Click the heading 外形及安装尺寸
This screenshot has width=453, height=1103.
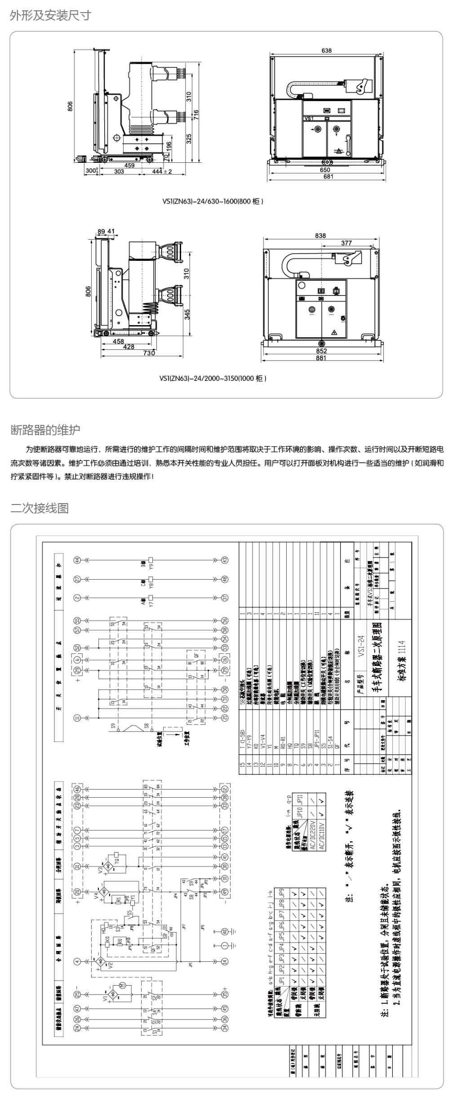pos(50,16)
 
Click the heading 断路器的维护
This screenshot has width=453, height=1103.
pos(45,430)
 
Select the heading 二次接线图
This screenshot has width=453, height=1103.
pos(40,508)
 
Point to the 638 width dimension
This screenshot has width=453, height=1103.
pos(327,50)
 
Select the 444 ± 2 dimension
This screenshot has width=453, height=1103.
pos(162,171)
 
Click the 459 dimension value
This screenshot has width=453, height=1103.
pos(129,165)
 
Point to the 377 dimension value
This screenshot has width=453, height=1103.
pos(346,243)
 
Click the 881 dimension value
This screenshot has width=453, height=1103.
pos(321,358)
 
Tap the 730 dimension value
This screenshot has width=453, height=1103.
pos(149,353)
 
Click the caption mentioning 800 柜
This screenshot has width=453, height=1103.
pos(213,201)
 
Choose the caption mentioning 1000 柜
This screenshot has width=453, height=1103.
pos(213,378)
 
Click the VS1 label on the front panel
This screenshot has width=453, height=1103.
pos(309,118)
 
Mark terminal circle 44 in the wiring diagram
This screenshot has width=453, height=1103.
pos(77,560)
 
